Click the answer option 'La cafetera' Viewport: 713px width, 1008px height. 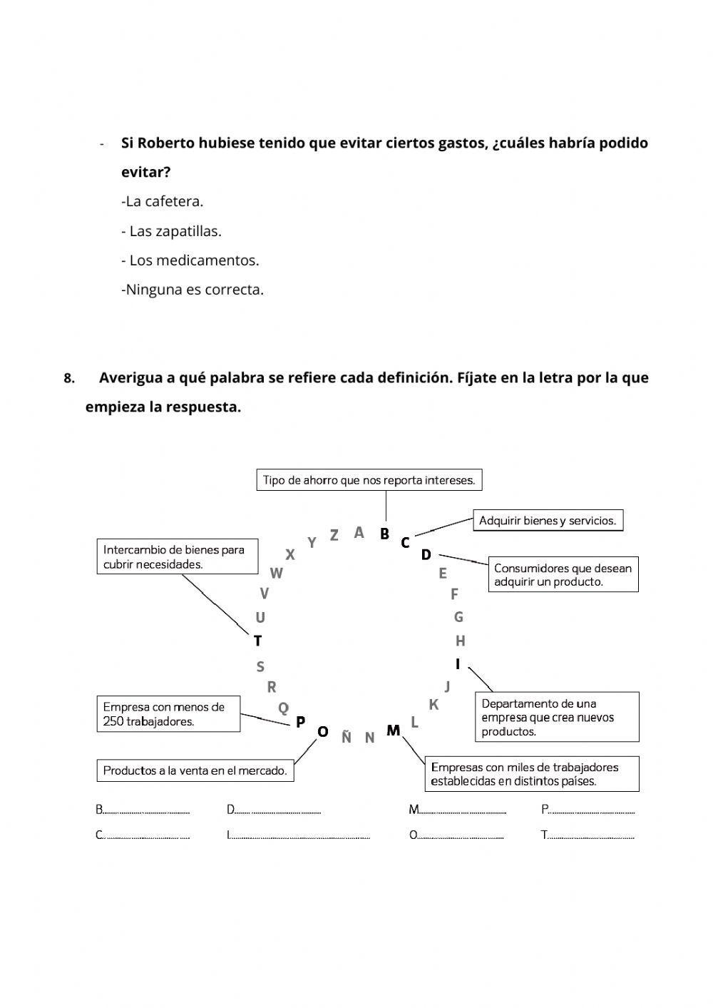tap(163, 201)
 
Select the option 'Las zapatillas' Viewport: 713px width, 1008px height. tap(171, 231)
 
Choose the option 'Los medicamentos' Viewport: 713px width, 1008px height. tap(190, 260)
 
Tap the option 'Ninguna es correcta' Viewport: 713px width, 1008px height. tap(193, 290)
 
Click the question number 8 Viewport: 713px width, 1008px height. tap(69, 379)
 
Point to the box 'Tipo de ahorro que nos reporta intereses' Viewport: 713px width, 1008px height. tap(369, 480)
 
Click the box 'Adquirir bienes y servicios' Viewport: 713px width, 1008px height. tap(548, 521)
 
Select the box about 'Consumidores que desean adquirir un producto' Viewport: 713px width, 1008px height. tap(563, 575)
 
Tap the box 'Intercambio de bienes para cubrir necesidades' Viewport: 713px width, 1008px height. tap(177, 556)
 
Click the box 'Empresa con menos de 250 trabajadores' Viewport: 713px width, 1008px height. tap(168, 714)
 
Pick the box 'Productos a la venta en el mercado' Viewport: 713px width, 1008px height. tap(195, 770)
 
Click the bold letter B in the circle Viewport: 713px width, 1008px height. tap(385, 534)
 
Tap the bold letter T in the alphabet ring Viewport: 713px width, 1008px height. tap(258, 641)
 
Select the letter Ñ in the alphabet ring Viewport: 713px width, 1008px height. tap(347, 738)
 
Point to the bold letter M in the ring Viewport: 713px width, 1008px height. tap(393, 730)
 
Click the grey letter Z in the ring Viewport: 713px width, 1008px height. tap(334, 535)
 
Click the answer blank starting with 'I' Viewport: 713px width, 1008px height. tap(299, 835)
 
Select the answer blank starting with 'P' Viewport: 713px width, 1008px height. tap(592, 810)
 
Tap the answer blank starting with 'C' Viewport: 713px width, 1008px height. tap(146, 835)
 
